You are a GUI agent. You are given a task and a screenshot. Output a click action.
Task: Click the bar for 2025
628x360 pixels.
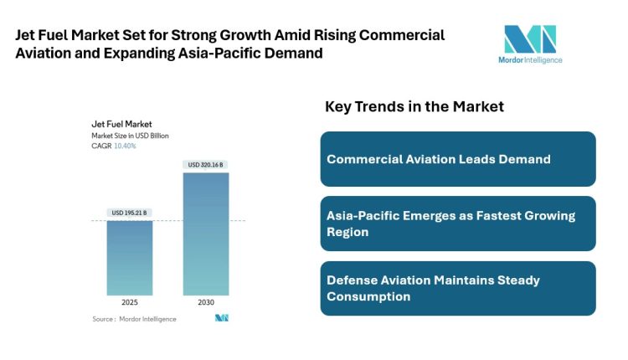[129, 257]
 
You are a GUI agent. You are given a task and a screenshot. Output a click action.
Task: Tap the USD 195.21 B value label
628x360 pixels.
[129, 213]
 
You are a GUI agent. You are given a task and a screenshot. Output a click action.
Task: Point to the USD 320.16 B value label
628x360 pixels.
[205, 165]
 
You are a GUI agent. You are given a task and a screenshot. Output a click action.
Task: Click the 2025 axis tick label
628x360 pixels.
[129, 302]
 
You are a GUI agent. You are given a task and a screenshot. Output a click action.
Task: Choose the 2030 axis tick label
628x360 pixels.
[205, 302]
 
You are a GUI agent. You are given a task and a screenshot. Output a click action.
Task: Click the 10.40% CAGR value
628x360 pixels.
[125, 146]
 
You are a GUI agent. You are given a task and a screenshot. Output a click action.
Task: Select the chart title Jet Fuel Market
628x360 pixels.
[121, 124]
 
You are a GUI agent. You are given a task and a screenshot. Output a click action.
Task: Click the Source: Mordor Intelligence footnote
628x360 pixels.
[134, 319]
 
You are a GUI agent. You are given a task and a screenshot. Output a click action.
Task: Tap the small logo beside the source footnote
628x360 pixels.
[222, 318]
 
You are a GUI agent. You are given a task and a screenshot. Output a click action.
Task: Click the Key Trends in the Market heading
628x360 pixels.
[414, 106]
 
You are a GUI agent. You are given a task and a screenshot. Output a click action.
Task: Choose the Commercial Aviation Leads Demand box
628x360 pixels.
[457, 159]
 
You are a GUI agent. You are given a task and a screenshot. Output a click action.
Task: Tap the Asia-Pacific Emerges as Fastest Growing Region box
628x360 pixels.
[457, 224]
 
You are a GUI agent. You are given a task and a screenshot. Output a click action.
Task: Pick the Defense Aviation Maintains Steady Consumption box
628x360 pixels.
[457, 288]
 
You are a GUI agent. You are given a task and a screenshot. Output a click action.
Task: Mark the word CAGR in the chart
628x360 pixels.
[101, 146]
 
